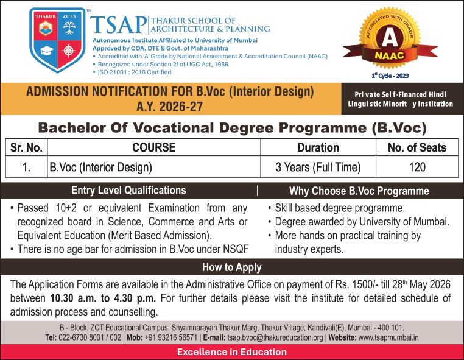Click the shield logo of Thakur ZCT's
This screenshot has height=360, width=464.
click(x=57, y=40)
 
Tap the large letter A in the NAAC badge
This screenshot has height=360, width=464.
click(x=390, y=38)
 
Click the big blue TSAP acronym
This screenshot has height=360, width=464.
click(x=118, y=25)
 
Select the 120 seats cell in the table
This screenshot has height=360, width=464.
click(x=417, y=167)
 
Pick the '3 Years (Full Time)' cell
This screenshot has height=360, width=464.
click(x=318, y=167)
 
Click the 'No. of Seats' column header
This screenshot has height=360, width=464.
click(x=417, y=147)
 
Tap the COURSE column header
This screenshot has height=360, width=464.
click(x=154, y=147)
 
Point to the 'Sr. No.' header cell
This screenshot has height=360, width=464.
click(x=26, y=147)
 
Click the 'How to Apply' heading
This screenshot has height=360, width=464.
click(x=232, y=267)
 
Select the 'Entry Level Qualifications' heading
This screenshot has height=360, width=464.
click(x=128, y=191)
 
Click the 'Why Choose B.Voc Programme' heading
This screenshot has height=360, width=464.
click(x=359, y=191)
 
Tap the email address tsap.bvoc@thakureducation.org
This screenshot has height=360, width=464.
click(x=275, y=337)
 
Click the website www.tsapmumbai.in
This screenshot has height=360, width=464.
click(x=388, y=337)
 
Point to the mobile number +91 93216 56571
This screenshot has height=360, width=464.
click(x=170, y=337)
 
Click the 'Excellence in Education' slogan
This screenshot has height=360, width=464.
click(x=232, y=352)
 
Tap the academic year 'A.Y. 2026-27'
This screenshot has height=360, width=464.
click(x=169, y=107)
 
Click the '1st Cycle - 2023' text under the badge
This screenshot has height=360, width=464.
click(x=390, y=76)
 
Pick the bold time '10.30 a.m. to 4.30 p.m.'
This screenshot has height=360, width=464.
click(x=103, y=298)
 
